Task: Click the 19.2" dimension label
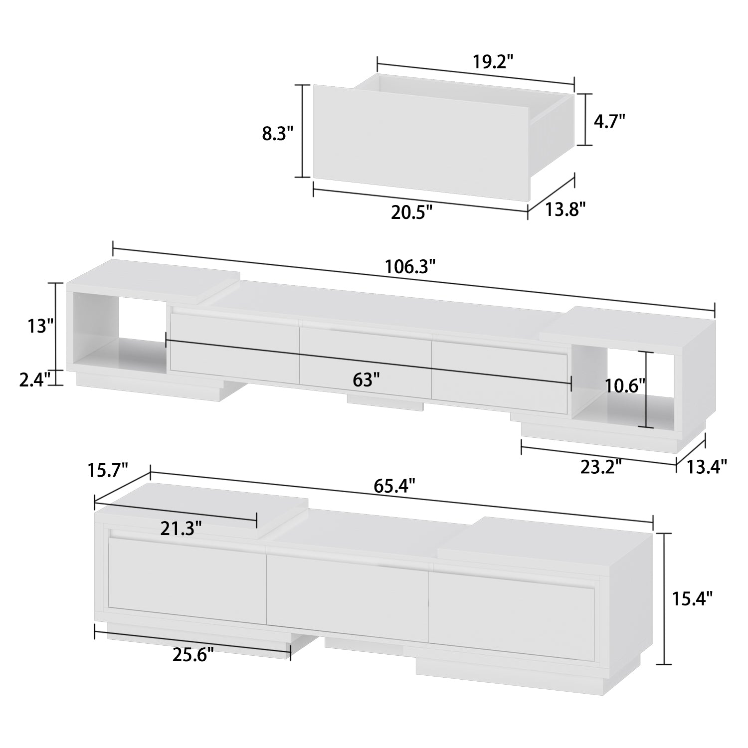(x=493, y=62)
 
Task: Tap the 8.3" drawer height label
(x=278, y=134)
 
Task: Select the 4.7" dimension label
(x=609, y=121)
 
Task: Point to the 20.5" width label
(x=411, y=212)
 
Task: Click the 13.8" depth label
(x=564, y=209)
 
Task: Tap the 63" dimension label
(x=367, y=380)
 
